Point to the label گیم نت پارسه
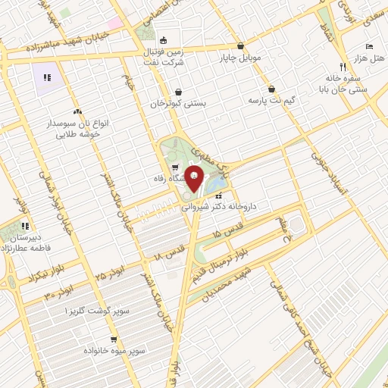[271, 100]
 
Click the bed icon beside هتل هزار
[369, 47]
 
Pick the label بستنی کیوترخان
[177, 104]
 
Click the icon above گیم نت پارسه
[271, 89]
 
